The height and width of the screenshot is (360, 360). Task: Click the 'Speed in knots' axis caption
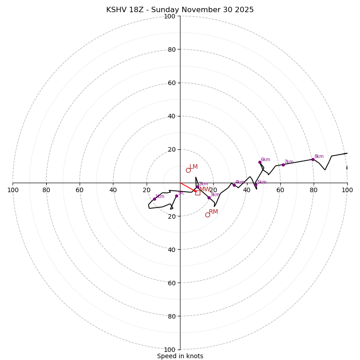pyautogui.click(x=180, y=356)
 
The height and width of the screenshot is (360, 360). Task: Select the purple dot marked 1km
pyautogui.click(x=154, y=199)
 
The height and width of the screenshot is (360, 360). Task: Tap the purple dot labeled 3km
pyautogui.click(x=209, y=198)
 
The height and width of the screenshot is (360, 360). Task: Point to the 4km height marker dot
pyautogui.click(x=234, y=185)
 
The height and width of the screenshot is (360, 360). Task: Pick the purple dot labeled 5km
pyautogui.click(x=256, y=184)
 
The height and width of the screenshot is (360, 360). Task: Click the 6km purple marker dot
pyautogui.click(x=260, y=162)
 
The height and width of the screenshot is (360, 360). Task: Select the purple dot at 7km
pyautogui.click(x=283, y=165)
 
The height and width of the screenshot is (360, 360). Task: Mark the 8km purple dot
pyautogui.click(x=313, y=159)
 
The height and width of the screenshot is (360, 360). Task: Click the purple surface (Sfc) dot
pyautogui.click(x=176, y=196)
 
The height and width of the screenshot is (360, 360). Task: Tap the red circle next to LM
pyautogui.click(x=188, y=170)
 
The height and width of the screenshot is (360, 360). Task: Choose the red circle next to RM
pyautogui.click(x=207, y=215)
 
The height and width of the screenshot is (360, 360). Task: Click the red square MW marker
pyautogui.click(x=198, y=193)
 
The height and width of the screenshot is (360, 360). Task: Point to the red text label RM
pyautogui.click(x=213, y=211)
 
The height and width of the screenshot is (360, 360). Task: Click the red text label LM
pyautogui.click(x=193, y=166)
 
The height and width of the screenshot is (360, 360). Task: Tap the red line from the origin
pyautogui.click(x=188, y=187)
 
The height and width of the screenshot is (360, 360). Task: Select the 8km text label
pyautogui.click(x=319, y=157)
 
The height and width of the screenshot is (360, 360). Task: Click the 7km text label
pyautogui.click(x=288, y=162)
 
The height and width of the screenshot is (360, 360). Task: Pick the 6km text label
pyautogui.click(x=265, y=159)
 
